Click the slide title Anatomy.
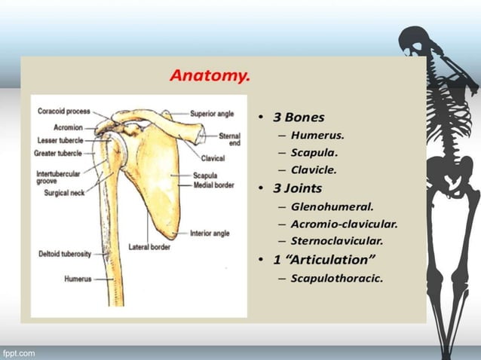coord(210,76)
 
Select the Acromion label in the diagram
coord(69,127)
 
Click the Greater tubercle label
coord(60,153)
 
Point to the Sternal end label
coord(230,139)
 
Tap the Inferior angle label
coord(210,233)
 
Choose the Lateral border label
coord(148,246)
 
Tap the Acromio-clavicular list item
coord(344,223)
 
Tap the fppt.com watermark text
coord(19,352)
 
